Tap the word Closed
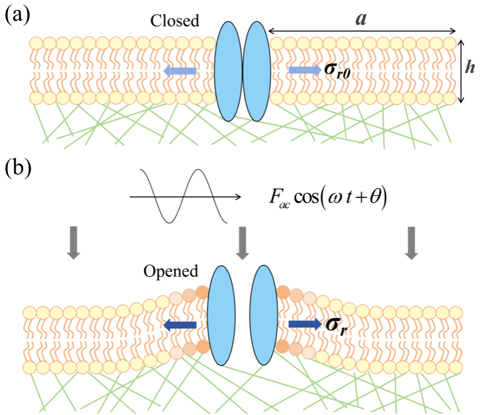[175, 21]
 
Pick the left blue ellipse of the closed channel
[228, 71]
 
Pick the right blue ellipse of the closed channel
[255, 71]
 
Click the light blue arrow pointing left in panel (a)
[179, 71]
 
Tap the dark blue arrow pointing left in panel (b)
[180, 326]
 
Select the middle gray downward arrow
[243, 243]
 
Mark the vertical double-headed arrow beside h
[461, 71]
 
